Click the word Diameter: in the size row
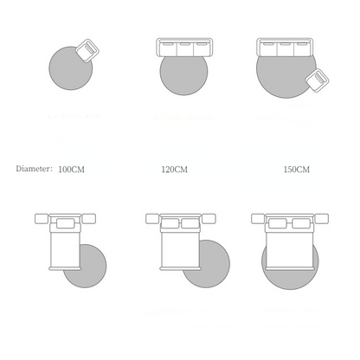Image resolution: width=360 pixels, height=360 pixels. click(x=34, y=169)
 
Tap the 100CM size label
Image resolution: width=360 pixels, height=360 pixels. click(x=71, y=169)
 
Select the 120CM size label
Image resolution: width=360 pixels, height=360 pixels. click(x=174, y=169)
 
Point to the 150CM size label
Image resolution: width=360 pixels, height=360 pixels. click(x=297, y=169)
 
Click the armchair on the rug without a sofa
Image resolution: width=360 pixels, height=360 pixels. click(x=87, y=50)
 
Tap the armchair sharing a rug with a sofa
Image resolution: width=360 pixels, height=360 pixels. click(x=318, y=80)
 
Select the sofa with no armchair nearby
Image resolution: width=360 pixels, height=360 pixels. click(x=184, y=48)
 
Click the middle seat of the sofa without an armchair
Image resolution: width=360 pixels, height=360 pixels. click(x=184, y=48)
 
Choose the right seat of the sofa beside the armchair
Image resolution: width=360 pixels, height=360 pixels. click(x=302, y=48)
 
